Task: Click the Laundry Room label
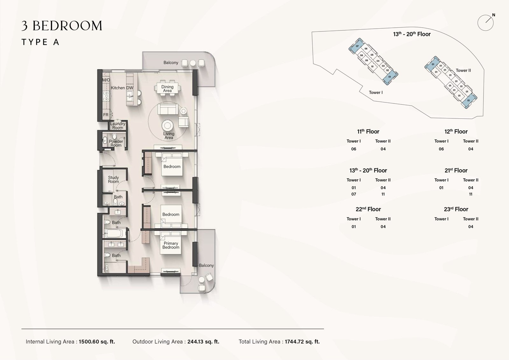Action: [x=118, y=126]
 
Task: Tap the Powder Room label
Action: [x=116, y=143]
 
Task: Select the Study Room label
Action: [x=113, y=180]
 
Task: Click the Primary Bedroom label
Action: [x=171, y=245]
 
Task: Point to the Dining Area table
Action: [x=167, y=88]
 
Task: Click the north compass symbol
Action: [x=486, y=23]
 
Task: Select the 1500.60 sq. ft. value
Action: [x=97, y=342]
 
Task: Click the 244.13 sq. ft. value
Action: [x=203, y=342]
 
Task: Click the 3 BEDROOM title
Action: [x=62, y=26]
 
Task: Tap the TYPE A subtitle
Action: [x=40, y=42]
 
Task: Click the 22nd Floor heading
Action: [x=368, y=209]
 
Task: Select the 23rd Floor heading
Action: [x=456, y=209]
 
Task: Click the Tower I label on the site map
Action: [x=376, y=92]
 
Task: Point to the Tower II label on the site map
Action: [x=463, y=70]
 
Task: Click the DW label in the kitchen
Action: [x=129, y=88]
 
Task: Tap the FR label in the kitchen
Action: [x=106, y=115]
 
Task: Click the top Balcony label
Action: [x=171, y=62]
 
